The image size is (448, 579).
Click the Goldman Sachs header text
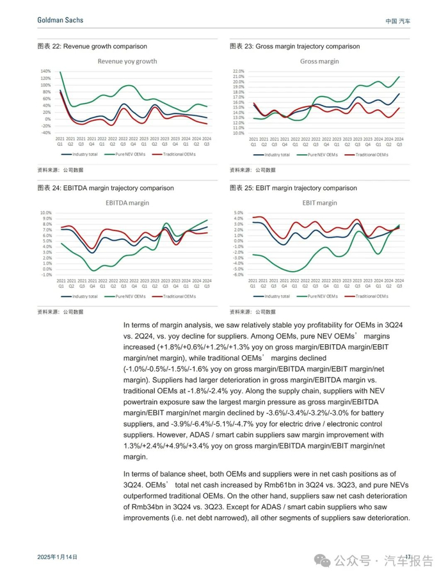tap(60, 20)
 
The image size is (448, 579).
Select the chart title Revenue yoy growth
tap(127, 61)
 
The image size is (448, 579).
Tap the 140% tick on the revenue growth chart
tap(45, 71)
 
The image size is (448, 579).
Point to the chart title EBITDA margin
tap(127, 203)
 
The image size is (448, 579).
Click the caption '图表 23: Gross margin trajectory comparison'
tap(294, 46)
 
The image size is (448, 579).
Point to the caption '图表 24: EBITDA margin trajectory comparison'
tap(106, 188)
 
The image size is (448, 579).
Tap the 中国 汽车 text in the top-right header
tap(398, 21)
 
